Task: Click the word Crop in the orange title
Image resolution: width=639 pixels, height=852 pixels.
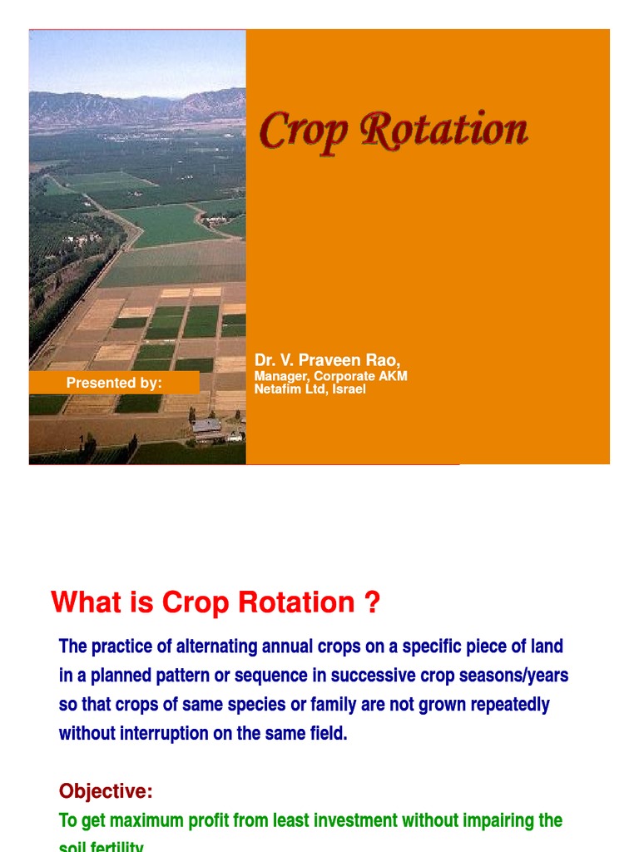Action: tap(296, 131)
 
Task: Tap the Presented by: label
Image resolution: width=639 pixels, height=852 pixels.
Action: tap(114, 383)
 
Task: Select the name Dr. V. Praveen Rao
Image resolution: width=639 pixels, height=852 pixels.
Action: tap(327, 360)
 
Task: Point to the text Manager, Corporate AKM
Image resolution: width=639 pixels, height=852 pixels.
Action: tap(330, 376)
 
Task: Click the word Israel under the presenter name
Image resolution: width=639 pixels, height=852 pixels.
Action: tap(349, 389)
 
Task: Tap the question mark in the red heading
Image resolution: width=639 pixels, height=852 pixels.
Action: tap(372, 602)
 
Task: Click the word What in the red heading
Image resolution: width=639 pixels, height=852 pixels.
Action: tap(86, 602)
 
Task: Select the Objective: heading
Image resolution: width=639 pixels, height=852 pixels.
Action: tap(106, 790)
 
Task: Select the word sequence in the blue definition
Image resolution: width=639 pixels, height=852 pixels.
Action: tap(280, 676)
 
